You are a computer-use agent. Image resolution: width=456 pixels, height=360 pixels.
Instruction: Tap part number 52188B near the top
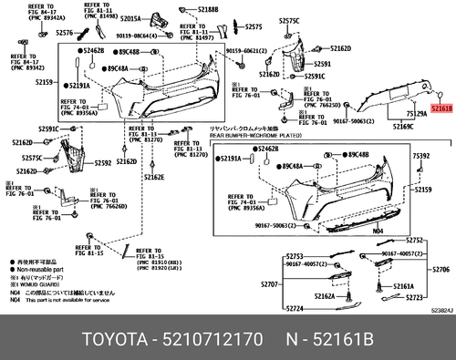click(x=208, y=9)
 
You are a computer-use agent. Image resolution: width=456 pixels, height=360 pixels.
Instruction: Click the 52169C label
click(x=404, y=126)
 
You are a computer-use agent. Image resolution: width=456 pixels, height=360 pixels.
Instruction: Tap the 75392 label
click(x=421, y=156)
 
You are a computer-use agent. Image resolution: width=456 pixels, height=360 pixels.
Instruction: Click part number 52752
click(x=416, y=240)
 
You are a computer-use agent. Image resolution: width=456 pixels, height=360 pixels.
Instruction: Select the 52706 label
click(x=440, y=271)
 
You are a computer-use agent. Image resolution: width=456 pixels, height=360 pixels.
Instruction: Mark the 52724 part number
click(x=293, y=309)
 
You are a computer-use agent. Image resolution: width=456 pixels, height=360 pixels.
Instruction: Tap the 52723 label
click(x=417, y=298)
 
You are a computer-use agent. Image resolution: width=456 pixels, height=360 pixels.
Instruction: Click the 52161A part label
click(x=403, y=286)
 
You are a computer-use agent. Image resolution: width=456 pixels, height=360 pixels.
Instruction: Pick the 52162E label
click(x=154, y=177)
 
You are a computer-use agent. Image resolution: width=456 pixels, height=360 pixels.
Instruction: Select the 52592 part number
click(x=102, y=163)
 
